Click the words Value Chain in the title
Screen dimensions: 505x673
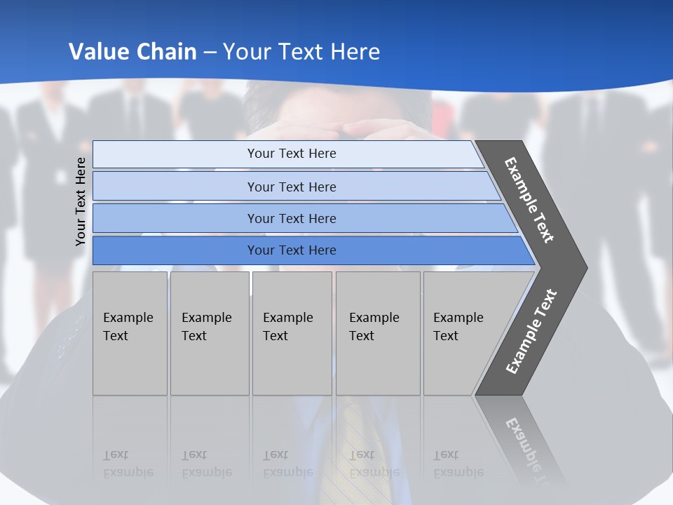[x=132, y=52]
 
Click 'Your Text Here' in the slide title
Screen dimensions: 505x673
[x=301, y=52]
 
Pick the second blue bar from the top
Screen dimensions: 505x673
[x=292, y=187]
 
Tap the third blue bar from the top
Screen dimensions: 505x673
[x=292, y=218]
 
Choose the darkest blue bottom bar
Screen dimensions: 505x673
[x=292, y=250]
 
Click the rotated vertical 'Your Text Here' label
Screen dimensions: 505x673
[x=81, y=201]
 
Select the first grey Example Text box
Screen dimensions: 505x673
[x=130, y=333]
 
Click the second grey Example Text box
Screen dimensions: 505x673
[x=209, y=333]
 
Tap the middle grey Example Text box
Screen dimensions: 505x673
[x=292, y=333]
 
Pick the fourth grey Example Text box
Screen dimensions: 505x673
[x=377, y=333]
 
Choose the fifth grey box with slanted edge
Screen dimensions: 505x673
[x=463, y=333]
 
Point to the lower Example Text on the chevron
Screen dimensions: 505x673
[x=531, y=332]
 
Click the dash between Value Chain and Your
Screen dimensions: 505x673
[x=210, y=53]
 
